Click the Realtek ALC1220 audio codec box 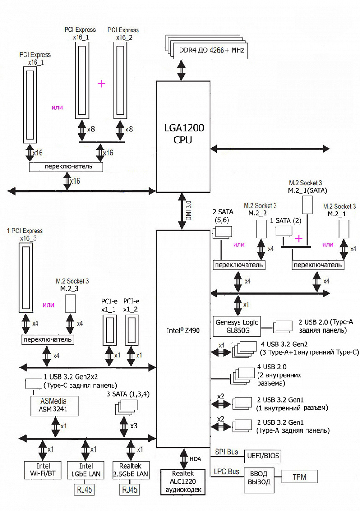[x=183, y=482]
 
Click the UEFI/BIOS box [x=261, y=456]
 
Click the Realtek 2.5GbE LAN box [x=130, y=469]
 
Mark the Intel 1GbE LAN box [x=85, y=469]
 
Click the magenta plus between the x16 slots [x=102, y=83]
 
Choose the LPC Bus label [x=226, y=472]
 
